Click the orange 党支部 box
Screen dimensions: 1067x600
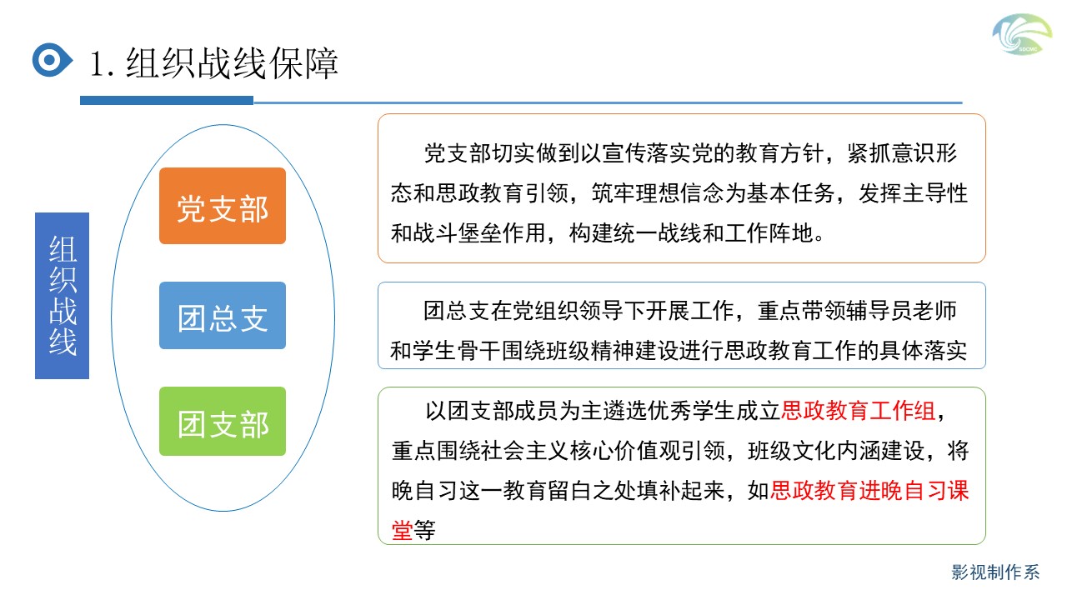click(x=223, y=206)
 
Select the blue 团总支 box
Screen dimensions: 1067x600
click(x=223, y=315)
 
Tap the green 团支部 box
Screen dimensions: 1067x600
click(x=223, y=422)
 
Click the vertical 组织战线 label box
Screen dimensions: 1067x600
click(x=62, y=296)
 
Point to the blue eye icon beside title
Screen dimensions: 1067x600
click(x=53, y=60)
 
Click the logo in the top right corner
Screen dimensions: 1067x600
click(x=1022, y=34)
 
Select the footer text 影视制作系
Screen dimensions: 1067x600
click(x=995, y=572)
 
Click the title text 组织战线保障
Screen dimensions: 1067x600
click(x=232, y=63)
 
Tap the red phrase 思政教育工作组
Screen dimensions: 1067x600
click(x=859, y=411)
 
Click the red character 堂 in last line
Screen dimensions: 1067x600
click(x=402, y=530)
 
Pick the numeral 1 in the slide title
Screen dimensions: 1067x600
click(x=97, y=64)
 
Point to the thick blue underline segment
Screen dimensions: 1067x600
click(x=167, y=100)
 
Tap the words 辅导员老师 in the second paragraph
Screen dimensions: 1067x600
click(x=902, y=311)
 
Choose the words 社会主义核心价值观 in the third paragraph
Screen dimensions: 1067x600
click(x=559, y=451)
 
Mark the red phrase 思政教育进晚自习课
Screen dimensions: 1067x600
click(x=869, y=491)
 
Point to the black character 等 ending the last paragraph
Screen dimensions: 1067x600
click(x=424, y=530)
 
